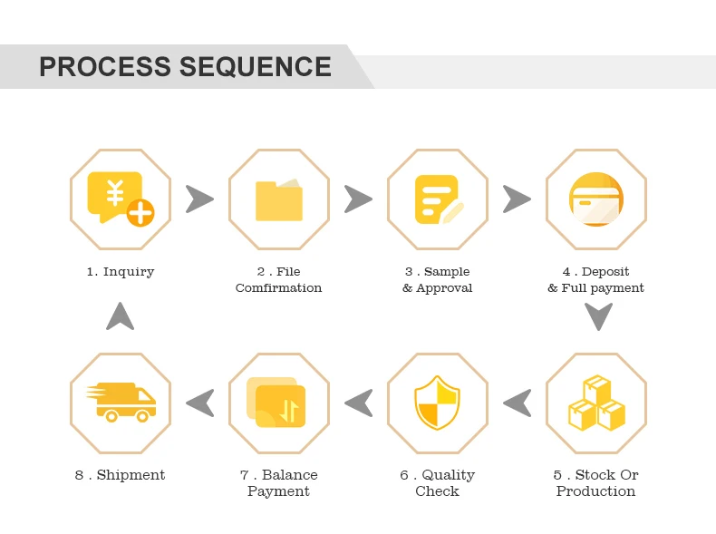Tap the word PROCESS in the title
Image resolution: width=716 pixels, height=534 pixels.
pos(105,67)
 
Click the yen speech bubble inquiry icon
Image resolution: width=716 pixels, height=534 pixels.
pos(120,199)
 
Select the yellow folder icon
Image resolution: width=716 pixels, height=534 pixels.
pos(278,199)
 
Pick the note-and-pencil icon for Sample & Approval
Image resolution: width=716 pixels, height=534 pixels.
pos(438,199)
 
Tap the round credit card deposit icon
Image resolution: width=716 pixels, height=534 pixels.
pos(595,199)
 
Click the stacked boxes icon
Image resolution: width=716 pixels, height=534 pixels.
pos(595,403)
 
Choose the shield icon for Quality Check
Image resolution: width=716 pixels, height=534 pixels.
pos(438,403)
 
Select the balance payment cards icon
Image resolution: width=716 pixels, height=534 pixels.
pos(277,403)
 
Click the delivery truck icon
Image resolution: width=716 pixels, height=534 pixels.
pos(121,402)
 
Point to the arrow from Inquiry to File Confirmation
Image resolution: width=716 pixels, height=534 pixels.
pos(199,199)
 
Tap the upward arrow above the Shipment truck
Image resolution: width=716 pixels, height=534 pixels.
pos(120,316)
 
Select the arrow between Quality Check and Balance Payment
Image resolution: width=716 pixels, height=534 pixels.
pos(359,403)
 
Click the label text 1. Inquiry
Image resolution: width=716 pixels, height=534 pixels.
pos(121,272)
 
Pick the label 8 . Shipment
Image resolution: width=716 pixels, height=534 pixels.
pos(120,475)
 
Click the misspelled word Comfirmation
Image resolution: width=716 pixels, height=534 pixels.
pos(278,288)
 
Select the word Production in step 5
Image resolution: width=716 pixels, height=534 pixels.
pos(595,491)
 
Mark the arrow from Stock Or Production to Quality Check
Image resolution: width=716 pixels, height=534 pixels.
pos(518,403)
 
